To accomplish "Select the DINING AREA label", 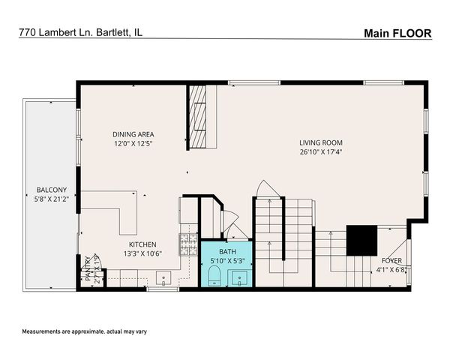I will click(133, 134).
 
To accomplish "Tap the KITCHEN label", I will click(142, 244).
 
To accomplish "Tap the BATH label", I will click(226, 251).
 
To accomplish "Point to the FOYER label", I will click(392, 260).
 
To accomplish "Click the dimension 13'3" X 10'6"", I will click(142, 254).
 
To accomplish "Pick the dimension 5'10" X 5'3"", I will click(226, 261).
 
